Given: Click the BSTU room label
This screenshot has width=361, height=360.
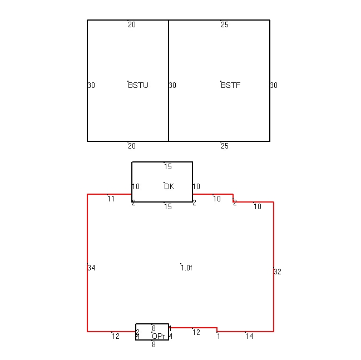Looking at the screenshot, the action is tap(138, 85).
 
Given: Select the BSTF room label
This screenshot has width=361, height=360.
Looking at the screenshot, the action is tap(230, 85).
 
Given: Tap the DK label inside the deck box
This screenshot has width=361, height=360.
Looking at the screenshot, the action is tap(169, 186).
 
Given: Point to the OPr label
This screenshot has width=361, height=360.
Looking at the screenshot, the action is tap(159, 336).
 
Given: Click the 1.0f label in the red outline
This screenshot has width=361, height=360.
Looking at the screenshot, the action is tap(186, 268).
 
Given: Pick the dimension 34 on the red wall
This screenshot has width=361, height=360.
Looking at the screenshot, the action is tap(91, 268).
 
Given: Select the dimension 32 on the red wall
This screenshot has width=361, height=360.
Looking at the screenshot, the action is tap(278, 272).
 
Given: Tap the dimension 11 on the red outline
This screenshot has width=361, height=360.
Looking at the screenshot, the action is tap(111, 199).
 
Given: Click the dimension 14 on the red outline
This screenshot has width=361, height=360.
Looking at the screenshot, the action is tap(249, 336).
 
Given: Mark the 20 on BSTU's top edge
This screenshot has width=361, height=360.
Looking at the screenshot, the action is tap(132, 24).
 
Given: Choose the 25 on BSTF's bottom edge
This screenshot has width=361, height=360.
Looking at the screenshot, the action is tap(225, 146).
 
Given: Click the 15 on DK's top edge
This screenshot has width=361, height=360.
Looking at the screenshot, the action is tap(168, 166).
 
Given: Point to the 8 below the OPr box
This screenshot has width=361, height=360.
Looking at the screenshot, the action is tap(154, 344).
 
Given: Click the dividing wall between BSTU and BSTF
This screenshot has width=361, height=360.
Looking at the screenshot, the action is tap(169, 81).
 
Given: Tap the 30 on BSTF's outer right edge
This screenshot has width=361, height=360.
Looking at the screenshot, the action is tap(274, 85).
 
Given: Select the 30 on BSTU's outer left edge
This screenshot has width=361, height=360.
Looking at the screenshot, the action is tap(91, 85).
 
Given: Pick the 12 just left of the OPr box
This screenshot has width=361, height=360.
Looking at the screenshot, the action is tap(116, 336).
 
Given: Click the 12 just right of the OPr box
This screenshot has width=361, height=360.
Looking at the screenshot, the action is tap(196, 332).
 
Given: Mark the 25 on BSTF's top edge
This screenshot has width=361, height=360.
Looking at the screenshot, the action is tap(225, 24).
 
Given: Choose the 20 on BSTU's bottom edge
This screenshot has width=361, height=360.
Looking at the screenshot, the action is tap(132, 146).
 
